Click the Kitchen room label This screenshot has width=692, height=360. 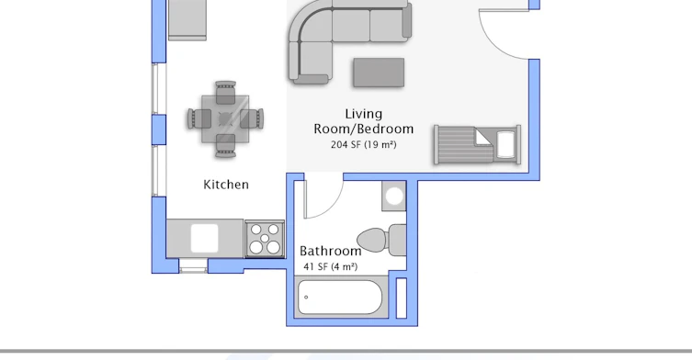226,185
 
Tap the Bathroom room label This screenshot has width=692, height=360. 331,251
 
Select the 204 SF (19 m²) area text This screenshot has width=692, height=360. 364,144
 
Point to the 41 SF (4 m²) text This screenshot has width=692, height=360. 331,266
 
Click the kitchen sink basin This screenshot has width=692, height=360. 204,238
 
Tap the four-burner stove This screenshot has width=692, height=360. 265,239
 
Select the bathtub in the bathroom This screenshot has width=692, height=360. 340,297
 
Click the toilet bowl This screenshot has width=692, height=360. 372,241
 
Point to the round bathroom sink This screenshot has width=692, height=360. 394,197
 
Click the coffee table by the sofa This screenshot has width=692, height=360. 379,73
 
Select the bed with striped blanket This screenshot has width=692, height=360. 477,145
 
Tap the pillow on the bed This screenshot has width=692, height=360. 505,144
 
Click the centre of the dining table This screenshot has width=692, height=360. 225,118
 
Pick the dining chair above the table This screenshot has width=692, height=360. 225,92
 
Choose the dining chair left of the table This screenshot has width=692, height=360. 199,119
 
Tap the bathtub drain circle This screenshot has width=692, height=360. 306,297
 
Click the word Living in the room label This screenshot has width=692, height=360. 364,114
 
